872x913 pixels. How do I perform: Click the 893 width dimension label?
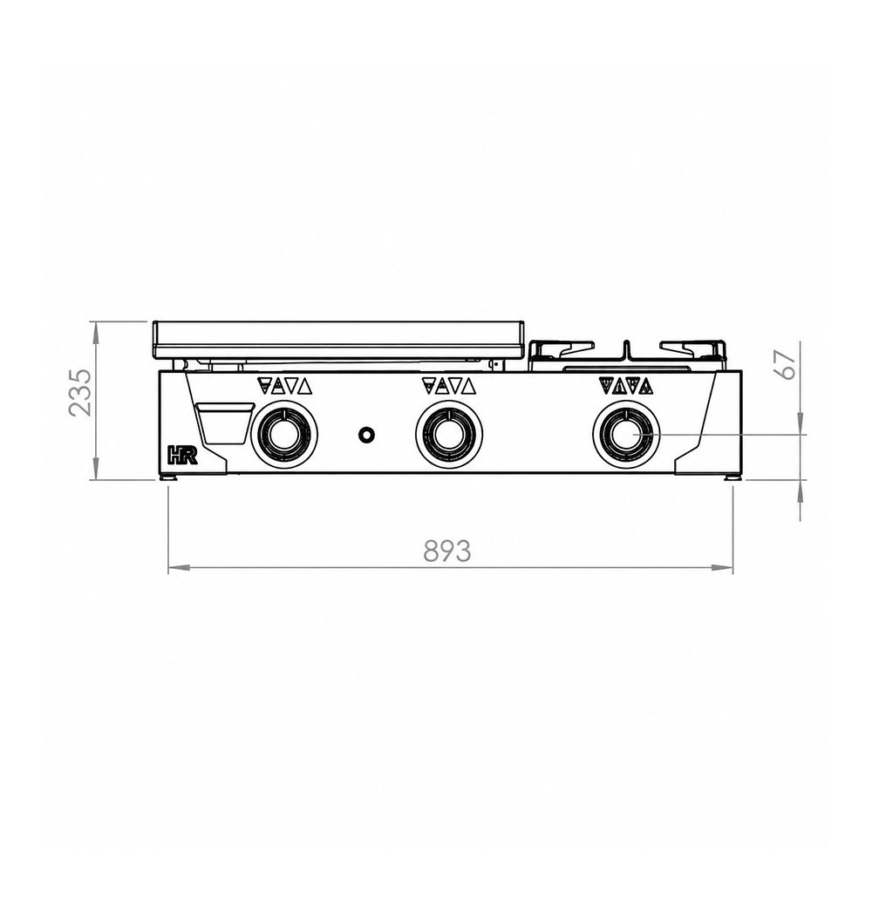pyautogui.click(x=446, y=551)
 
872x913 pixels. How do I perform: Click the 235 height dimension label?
pyautogui.click(x=80, y=392)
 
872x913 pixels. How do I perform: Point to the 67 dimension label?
pyautogui.click(x=787, y=365)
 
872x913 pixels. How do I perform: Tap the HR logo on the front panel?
pyautogui.click(x=183, y=455)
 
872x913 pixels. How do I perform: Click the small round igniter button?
pyautogui.click(x=366, y=434)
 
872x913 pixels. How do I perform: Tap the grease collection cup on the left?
pyautogui.click(x=225, y=424)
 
